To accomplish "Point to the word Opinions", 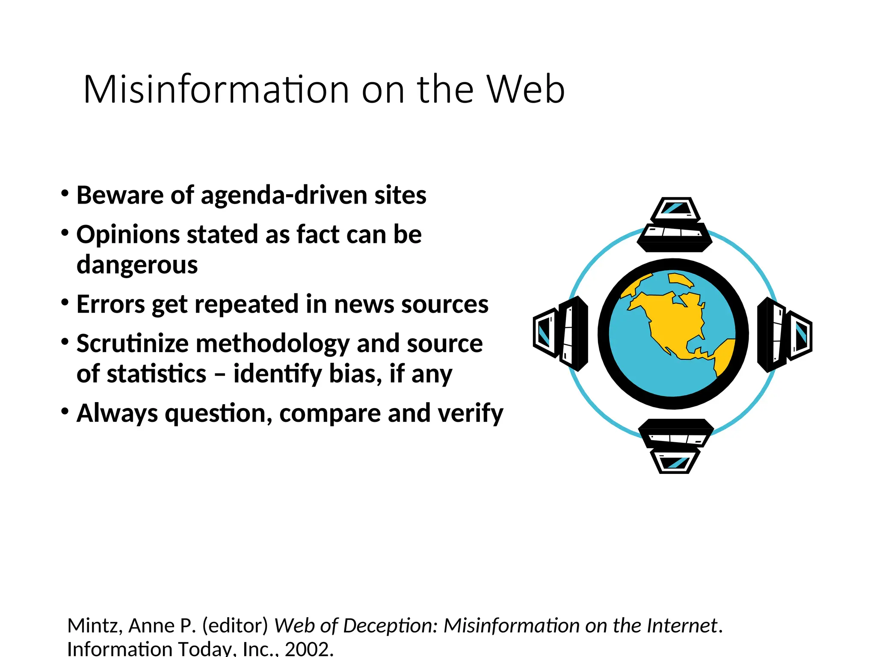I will pos(128,235).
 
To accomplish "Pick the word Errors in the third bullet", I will pos(111,304).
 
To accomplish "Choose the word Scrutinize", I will pos(132,343).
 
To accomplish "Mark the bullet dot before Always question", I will pos(65,411).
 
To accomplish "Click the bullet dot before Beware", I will pos(65,193).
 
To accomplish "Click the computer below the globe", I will pos(675,446).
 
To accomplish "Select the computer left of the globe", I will pos(560,333).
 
